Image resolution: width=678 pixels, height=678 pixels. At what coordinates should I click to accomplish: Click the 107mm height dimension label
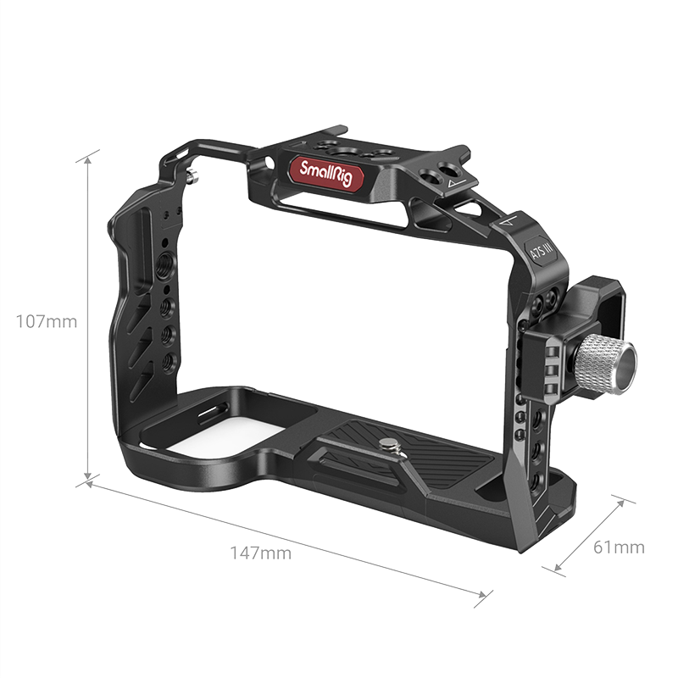[x=47, y=322]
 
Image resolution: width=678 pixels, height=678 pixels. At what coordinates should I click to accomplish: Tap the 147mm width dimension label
[x=260, y=553]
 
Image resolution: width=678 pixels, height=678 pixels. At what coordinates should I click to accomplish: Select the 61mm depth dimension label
[x=619, y=547]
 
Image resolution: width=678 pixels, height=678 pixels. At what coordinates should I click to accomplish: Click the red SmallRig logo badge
[x=326, y=174]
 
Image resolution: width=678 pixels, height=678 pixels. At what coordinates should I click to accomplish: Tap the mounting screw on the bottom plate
[x=389, y=444]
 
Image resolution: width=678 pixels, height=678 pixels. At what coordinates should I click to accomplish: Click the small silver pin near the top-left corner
[x=192, y=176]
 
